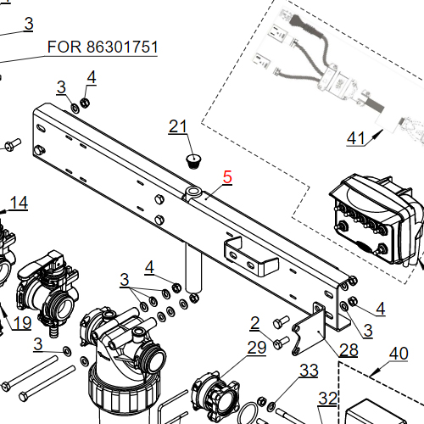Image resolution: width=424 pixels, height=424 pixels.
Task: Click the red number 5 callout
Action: coord(226,177)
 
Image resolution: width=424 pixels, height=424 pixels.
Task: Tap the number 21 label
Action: coord(177,127)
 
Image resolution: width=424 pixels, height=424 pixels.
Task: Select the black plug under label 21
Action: coord(194,159)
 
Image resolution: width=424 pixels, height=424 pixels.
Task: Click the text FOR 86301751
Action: coord(102,47)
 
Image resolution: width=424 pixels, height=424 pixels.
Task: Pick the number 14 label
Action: coord(19,203)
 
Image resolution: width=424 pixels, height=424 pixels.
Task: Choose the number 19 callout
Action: coord(22,322)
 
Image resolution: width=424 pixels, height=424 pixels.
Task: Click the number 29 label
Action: coord(256,347)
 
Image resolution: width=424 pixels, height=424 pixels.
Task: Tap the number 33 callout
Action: coord(310,371)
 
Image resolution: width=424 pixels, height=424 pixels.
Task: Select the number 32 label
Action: coord(327,399)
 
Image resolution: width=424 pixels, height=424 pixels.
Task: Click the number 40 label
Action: coord(399,354)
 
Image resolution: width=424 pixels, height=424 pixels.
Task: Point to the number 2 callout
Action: coord(254,322)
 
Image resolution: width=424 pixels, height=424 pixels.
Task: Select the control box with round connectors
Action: coord(373,216)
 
